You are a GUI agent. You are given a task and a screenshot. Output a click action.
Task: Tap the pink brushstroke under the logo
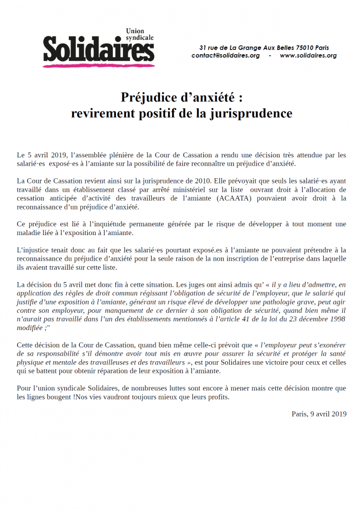coord(98,64)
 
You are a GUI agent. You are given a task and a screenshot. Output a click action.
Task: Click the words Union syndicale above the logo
coord(139,34)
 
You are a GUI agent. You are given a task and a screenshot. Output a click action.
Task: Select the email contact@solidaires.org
coord(226,56)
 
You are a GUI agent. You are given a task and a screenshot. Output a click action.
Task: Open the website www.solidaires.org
coord(308,56)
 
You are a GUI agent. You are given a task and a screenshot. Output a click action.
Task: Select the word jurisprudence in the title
coord(250,113)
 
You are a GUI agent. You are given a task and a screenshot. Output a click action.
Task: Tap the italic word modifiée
coord(30,328)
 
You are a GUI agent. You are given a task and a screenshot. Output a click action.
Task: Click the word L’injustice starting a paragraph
coord(34,250)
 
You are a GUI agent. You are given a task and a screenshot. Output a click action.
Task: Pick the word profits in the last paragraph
coord(215,397)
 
